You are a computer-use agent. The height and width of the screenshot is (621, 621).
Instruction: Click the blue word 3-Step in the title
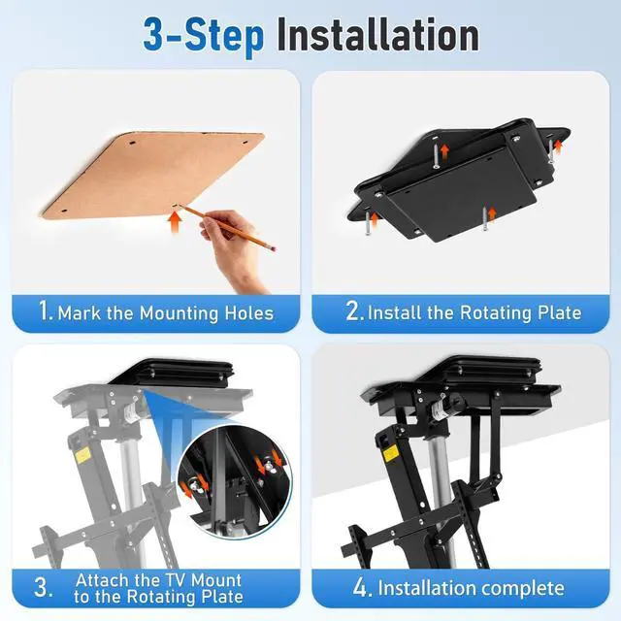tap(203, 37)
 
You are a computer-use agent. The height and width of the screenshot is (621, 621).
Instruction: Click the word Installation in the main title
tap(377, 36)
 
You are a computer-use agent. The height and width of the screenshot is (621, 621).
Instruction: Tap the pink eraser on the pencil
tap(273, 248)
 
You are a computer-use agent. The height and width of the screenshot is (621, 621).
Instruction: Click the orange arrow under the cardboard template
tap(175, 222)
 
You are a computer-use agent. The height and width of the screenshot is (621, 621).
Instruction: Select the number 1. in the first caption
tap(46, 310)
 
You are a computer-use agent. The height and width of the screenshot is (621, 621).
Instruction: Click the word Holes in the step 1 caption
tap(249, 313)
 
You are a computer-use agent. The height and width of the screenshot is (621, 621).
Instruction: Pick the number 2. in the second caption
tap(354, 310)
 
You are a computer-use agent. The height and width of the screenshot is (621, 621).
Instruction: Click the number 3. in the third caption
tap(43, 587)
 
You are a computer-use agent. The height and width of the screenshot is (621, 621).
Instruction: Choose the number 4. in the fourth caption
tap(362, 587)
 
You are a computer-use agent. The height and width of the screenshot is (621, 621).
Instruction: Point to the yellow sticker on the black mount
tap(390, 453)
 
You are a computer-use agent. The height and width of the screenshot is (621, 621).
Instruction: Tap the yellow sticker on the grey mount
tap(82, 455)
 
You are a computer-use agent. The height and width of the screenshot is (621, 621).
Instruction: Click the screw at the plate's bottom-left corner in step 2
tap(368, 223)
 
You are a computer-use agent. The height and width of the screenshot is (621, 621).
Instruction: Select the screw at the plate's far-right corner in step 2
tap(551, 151)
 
